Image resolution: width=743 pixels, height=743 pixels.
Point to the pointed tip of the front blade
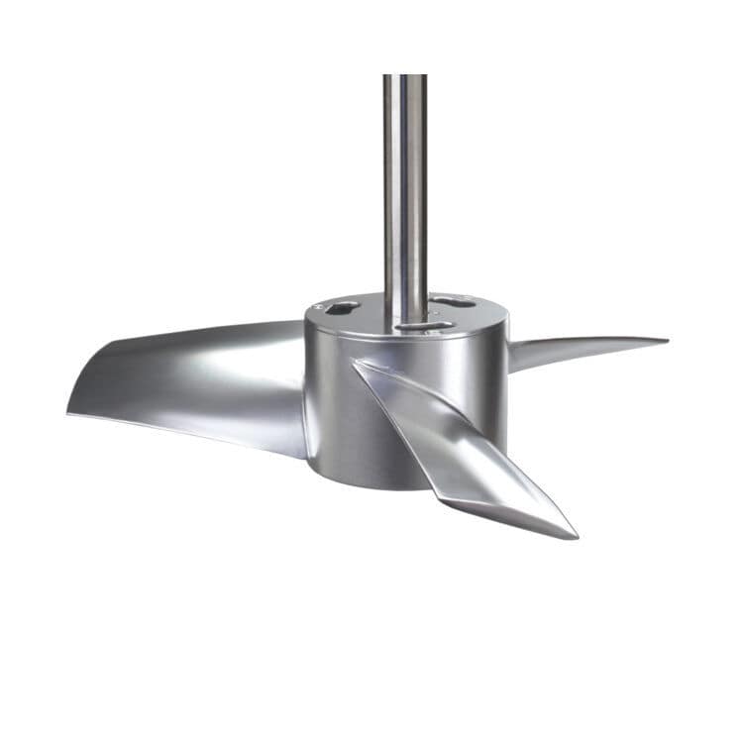pyautogui.click(x=574, y=534)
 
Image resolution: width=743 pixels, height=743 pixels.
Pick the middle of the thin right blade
pyautogui.click(x=584, y=347)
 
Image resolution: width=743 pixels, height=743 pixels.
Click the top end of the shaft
pyautogui.click(x=405, y=78)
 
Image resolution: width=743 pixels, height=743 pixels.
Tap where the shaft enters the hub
pyautogui.click(x=405, y=315)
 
